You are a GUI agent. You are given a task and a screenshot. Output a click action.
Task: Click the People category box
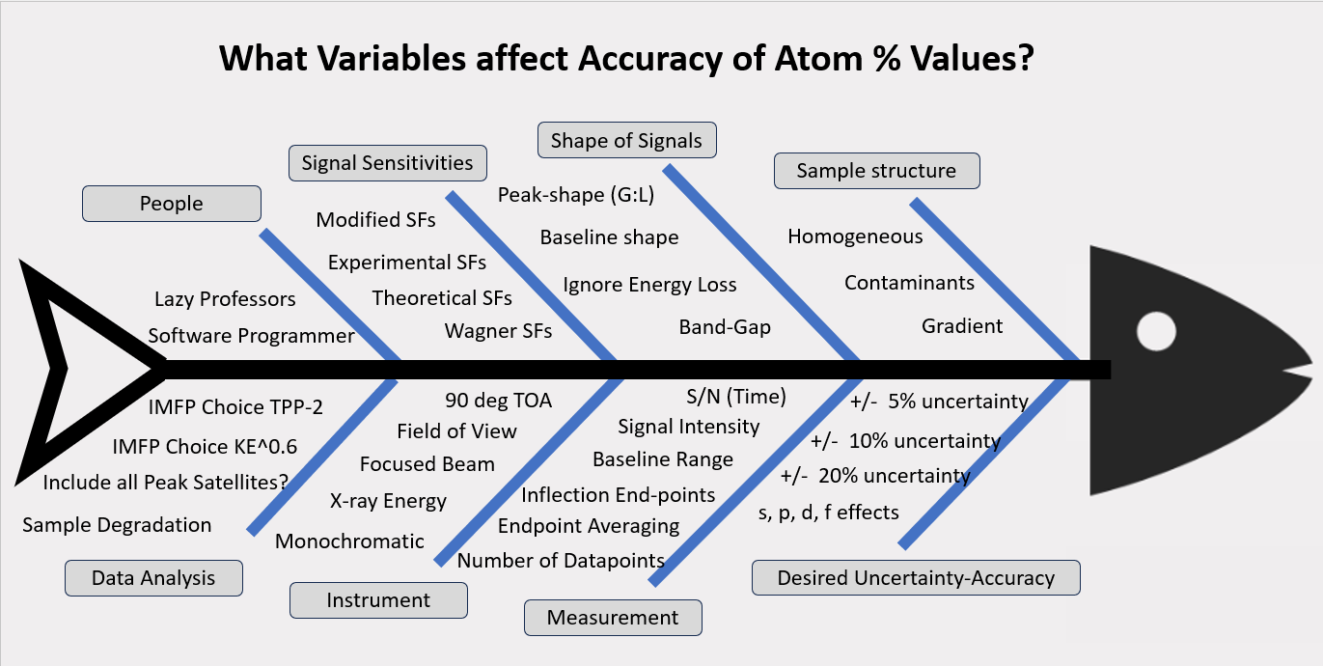click(x=172, y=204)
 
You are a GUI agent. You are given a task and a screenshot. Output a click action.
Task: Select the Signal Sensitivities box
click(x=387, y=162)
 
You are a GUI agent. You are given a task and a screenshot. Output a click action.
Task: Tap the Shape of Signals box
click(x=626, y=141)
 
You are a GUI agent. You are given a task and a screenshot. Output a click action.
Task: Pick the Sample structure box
click(x=876, y=171)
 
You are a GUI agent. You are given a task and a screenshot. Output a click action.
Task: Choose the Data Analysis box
click(x=153, y=578)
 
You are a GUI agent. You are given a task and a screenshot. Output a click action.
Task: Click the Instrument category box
click(x=378, y=600)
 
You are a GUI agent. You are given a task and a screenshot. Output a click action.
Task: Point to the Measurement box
click(x=613, y=618)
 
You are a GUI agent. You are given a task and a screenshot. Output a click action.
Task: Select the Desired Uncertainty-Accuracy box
click(x=916, y=578)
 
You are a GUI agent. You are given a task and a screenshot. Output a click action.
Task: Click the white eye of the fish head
click(x=1155, y=332)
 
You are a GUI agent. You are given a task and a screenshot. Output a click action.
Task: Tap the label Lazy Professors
click(x=225, y=299)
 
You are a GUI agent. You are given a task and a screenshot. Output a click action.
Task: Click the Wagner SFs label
click(x=498, y=331)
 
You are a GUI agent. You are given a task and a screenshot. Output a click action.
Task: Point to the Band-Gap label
click(x=725, y=327)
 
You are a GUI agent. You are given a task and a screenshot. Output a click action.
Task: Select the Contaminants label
click(x=909, y=283)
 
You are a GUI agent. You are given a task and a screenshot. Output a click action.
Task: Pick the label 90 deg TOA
click(x=498, y=401)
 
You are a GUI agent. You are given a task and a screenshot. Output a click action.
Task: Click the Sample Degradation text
click(x=117, y=525)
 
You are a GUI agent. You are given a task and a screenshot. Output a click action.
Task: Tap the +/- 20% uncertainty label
click(x=875, y=476)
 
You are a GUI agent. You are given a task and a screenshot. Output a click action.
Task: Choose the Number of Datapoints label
click(x=561, y=561)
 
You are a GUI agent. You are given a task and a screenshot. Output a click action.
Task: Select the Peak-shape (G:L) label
click(x=576, y=196)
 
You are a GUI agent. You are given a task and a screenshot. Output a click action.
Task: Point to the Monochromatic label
click(x=349, y=541)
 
